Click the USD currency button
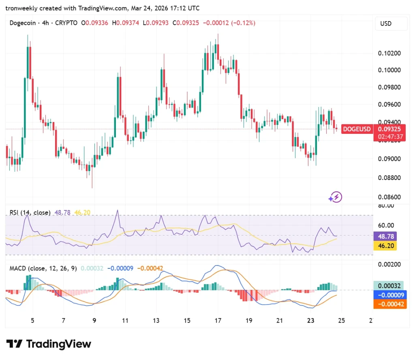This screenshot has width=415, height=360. (386, 24)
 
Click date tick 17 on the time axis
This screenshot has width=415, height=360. (218, 320)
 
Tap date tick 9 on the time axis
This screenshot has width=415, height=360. (94, 320)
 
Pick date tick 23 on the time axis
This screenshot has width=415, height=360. (311, 320)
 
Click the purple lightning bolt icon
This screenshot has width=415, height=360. (336, 197)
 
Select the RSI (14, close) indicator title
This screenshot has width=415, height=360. (30, 212)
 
